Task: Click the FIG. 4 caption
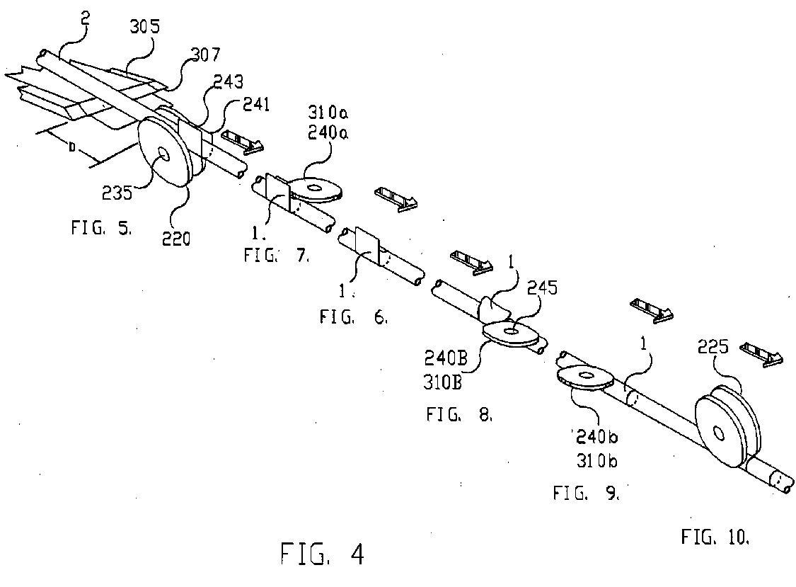(322, 553)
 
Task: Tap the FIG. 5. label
(101, 228)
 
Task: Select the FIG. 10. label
(715, 537)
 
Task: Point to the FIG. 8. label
(458, 414)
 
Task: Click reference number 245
(541, 288)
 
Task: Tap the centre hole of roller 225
(718, 433)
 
